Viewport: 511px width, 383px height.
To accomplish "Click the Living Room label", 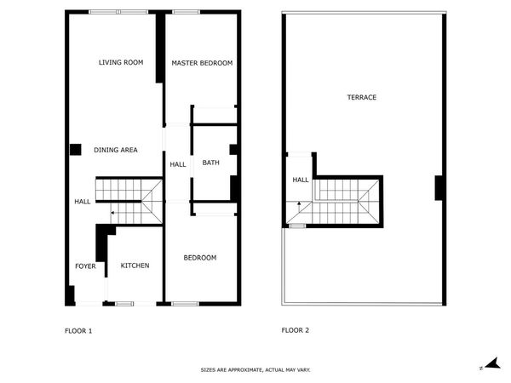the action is click(x=121, y=62).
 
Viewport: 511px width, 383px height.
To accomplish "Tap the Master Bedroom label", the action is click(x=202, y=63).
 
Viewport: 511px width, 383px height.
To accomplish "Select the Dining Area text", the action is click(x=116, y=150).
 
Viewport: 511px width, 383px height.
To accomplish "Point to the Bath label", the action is click(x=211, y=163).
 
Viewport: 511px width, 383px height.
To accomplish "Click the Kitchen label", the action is click(x=135, y=266).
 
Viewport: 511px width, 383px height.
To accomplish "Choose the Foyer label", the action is click(x=85, y=266).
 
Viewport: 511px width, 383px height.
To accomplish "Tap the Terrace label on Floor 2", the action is click(x=362, y=97).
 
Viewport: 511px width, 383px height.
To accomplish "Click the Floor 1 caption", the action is click(x=78, y=331).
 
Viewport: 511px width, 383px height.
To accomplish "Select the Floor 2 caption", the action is click(x=296, y=330).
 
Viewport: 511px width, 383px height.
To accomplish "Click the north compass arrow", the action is click(x=493, y=363).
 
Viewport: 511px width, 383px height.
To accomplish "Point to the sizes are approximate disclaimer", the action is click(x=255, y=370).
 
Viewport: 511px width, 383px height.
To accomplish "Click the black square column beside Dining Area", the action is click(x=75, y=150).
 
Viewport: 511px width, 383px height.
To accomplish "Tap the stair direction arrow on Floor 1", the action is click(x=112, y=213).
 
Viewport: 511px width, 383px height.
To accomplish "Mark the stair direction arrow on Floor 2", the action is click(x=299, y=203).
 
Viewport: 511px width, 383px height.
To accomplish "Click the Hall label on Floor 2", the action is click(x=301, y=180).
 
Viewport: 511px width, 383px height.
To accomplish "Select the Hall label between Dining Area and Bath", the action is click(x=178, y=164).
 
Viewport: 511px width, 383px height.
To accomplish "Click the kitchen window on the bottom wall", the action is click(x=124, y=304).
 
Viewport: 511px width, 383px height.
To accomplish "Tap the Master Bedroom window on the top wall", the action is click(x=186, y=12).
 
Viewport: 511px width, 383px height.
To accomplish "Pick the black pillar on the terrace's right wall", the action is click(x=439, y=188).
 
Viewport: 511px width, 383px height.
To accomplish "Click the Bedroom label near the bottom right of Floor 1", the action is click(x=200, y=258).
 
